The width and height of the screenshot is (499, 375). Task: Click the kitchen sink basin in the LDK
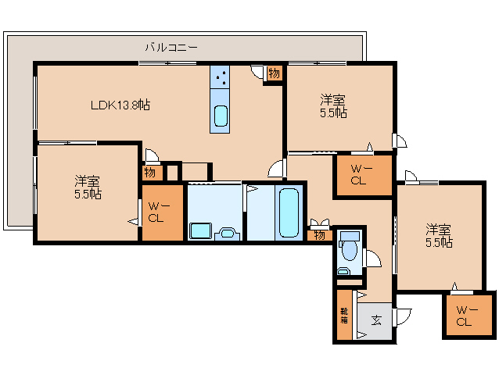[221, 116]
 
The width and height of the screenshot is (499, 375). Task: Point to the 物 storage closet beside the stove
[274, 74]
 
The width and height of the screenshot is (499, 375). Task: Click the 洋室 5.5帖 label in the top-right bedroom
[333, 106]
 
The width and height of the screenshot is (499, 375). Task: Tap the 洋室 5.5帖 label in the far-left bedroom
[88, 188]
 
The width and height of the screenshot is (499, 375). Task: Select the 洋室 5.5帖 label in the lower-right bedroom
[439, 236]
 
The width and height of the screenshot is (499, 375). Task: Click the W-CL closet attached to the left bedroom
[156, 212]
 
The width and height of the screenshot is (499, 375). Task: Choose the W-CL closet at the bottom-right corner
[465, 316]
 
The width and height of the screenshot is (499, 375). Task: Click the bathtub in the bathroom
[289, 212]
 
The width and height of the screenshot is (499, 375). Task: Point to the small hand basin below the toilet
[343, 271]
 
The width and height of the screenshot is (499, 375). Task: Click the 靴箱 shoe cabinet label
[343, 316]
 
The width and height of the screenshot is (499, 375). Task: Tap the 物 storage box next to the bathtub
[319, 234]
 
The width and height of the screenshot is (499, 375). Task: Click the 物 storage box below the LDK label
[149, 173]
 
